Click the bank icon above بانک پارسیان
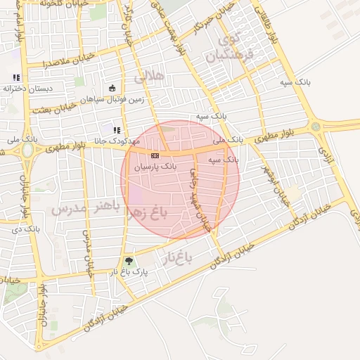coord(155,155)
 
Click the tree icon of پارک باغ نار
coord(127,262)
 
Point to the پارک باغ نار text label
coord(127,272)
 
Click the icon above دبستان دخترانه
coord(16,77)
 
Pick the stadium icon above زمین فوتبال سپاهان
coord(112,88)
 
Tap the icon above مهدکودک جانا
coord(117,130)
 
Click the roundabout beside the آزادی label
coord(315,127)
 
